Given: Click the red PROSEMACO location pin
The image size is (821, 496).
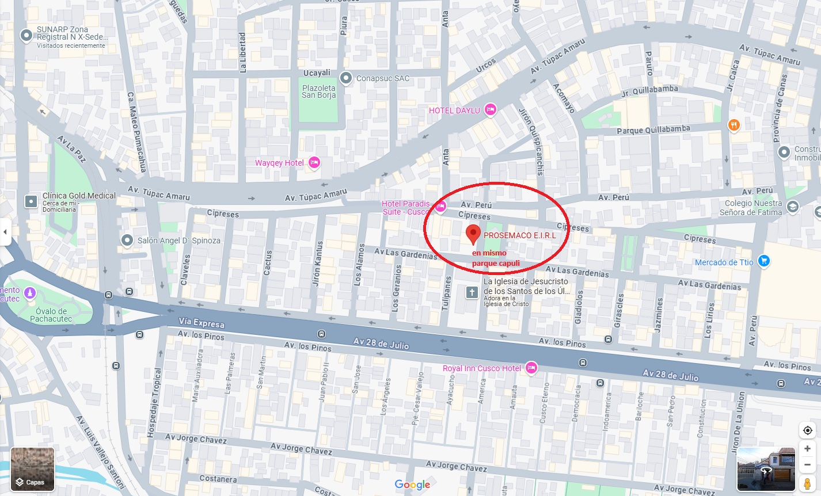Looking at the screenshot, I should [x=473, y=234].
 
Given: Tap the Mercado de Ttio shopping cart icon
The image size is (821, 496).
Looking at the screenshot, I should [x=763, y=262].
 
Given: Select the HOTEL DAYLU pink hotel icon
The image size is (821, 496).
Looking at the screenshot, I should [x=490, y=110].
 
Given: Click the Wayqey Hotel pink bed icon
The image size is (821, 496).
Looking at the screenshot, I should [x=314, y=163].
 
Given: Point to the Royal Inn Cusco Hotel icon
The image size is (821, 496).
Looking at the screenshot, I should [x=531, y=368].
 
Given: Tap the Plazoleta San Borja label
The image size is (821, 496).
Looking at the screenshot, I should [x=318, y=91].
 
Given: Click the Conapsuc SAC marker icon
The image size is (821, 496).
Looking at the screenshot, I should [x=346, y=78].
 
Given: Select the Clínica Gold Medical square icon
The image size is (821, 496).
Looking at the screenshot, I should [x=31, y=201].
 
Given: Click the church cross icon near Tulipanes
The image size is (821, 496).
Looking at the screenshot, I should [x=472, y=292].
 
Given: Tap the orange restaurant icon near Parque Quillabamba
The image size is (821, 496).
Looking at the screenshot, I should [x=733, y=125].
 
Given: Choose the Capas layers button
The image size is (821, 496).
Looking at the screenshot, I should [x=32, y=470].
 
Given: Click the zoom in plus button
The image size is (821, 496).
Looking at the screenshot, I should [x=807, y=448].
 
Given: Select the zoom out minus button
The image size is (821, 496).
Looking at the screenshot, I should [x=807, y=464].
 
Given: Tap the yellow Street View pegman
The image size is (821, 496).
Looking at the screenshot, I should [x=807, y=483].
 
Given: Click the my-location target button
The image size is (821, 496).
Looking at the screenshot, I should [x=807, y=430].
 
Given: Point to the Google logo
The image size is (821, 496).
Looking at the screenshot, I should [x=412, y=484].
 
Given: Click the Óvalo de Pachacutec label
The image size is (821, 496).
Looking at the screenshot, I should [x=51, y=315].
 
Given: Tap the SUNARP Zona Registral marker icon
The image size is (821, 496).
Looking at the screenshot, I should [x=26, y=36].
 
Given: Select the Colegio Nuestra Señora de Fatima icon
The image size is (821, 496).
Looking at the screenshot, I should [x=792, y=208].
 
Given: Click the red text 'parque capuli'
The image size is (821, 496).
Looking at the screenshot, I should [x=496, y=264].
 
